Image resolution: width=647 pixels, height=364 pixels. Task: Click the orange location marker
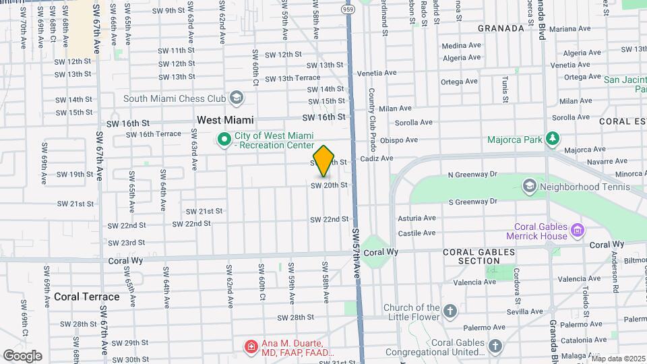(324, 160)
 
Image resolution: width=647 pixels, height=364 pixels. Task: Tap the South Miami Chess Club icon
(236, 98)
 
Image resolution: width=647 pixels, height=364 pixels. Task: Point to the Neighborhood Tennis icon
(530, 185)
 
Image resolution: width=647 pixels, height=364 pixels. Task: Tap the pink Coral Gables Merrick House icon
(577, 231)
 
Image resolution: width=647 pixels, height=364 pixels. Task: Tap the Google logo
(22, 355)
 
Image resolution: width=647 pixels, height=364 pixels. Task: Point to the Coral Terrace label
(86, 297)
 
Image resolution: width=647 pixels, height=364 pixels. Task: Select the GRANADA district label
(501, 28)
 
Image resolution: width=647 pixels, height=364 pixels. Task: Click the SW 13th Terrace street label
(292, 78)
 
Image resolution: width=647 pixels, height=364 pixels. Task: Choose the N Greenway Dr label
(472, 175)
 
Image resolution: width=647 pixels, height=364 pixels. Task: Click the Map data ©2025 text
(618, 359)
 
